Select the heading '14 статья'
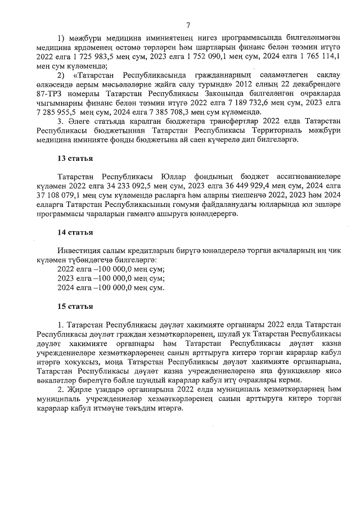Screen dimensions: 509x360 75,232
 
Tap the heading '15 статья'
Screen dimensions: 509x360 75,307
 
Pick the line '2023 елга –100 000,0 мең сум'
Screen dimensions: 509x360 111,278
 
